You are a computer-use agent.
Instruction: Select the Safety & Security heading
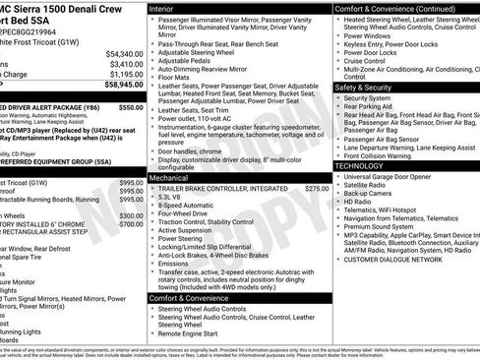pyautogui.click(x=370, y=88)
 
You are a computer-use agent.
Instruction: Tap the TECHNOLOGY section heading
pyautogui.click(x=361, y=166)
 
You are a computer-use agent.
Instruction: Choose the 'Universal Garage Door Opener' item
pyautogui.click(x=391, y=175)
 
